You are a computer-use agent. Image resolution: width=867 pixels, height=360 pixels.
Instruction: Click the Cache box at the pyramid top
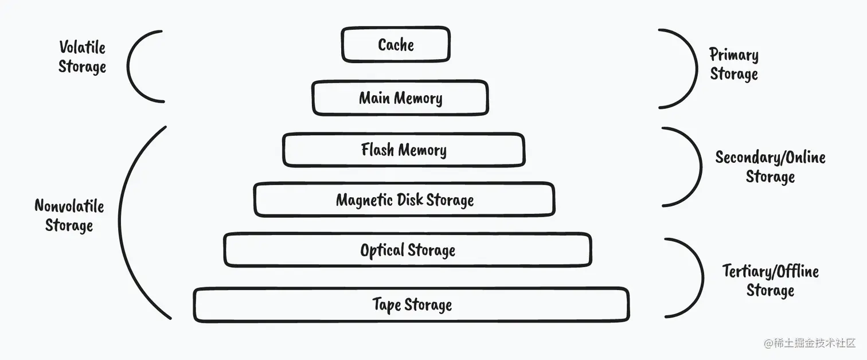pyautogui.click(x=396, y=45)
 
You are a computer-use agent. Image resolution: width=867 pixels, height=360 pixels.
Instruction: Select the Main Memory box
pyautogui.click(x=400, y=98)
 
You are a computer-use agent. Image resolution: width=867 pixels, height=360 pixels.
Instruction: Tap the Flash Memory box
pyautogui.click(x=404, y=150)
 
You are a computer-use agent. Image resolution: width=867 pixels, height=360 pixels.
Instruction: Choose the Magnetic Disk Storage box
pyautogui.click(x=404, y=200)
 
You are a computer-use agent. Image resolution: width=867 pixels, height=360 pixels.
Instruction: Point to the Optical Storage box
pyautogui.click(x=408, y=250)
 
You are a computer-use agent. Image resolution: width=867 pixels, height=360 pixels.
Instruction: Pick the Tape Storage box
pyautogui.click(x=412, y=305)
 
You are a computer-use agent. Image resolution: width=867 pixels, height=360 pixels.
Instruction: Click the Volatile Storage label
pyautogui.click(x=83, y=57)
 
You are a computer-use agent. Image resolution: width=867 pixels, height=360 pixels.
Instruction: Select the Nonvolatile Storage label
pyautogui.click(x=69, y=216)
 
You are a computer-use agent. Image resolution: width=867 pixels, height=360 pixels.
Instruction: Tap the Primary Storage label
pyautogui.click(x=734, y=64)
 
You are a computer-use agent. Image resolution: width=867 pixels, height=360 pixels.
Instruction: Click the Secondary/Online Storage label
pyautogui.click(x=770, y=166)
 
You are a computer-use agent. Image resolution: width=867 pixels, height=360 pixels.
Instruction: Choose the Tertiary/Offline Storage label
pyautogui.click(x=770, y=280)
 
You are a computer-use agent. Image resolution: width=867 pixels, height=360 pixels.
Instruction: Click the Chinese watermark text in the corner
pyautogui.click(x=810, y=343)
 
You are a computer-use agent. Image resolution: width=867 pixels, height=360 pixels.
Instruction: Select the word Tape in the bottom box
pyautogui.click(x=386, y=304)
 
